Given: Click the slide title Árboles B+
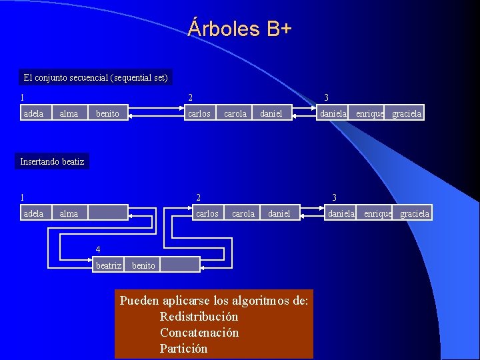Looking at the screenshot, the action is (x=240, y=29).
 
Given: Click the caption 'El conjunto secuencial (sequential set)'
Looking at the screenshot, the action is (x=95, y=77).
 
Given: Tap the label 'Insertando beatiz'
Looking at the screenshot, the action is (x=52, y=161).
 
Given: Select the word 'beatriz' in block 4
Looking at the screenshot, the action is (x=109, y=265).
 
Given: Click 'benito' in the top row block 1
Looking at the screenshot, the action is (x=107, y=114).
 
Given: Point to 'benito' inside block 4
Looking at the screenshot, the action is (x=143, y=265).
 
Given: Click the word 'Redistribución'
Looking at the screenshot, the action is (x=199, y=317).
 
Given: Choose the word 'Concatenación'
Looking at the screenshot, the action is (x=199, y=333).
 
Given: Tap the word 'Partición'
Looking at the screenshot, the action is (x=183, y=349).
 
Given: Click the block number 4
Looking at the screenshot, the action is (x=98, y=250).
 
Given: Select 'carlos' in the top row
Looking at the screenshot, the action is (x=199, y=114).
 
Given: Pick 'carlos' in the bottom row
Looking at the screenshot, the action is (x=207, y=214).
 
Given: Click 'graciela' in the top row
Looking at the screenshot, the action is (x=407, y=114).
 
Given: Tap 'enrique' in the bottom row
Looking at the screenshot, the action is (x=377, y=214).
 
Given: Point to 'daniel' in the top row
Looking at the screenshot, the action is (x=271, y=114).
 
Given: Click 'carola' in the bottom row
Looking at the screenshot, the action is (x=243, y=214).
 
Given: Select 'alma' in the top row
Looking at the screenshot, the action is (x=69, y=114).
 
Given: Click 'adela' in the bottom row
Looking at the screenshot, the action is (x=33, y=214).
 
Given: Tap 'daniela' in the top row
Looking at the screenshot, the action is (x=333, y=114).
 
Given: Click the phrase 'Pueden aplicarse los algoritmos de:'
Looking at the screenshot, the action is (x=213, y=301).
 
